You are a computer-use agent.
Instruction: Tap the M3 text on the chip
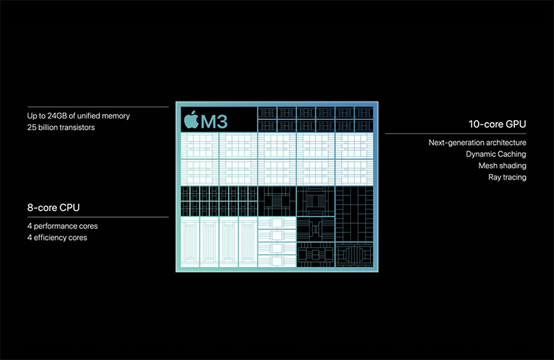click(x=214, y=121)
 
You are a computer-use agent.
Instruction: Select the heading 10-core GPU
click(x=497, y=124)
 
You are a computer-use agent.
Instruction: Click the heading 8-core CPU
click(x=53, y=207)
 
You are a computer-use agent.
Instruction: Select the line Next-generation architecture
click(x=477, y=143)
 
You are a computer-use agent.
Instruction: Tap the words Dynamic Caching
click(x=496, y=154)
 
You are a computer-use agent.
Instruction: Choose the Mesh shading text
click(x=502, y=165)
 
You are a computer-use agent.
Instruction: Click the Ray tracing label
click(x=507, y=178)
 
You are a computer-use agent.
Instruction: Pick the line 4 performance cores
click(x=63, y=226)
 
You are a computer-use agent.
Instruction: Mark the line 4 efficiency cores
click(x=58, y=237)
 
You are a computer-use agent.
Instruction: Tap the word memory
click(x=116, y=116)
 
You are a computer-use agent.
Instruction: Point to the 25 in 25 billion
click(x=32, y=127)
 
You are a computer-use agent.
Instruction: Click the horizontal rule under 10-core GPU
click(x=455, y=133)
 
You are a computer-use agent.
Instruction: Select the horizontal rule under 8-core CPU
click(x=98, y=217)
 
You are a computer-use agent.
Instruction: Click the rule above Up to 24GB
click(x=98, y=107)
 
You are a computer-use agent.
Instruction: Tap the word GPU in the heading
click(x=516, y=124)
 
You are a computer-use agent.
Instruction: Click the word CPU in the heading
click(x=70, y=207)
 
